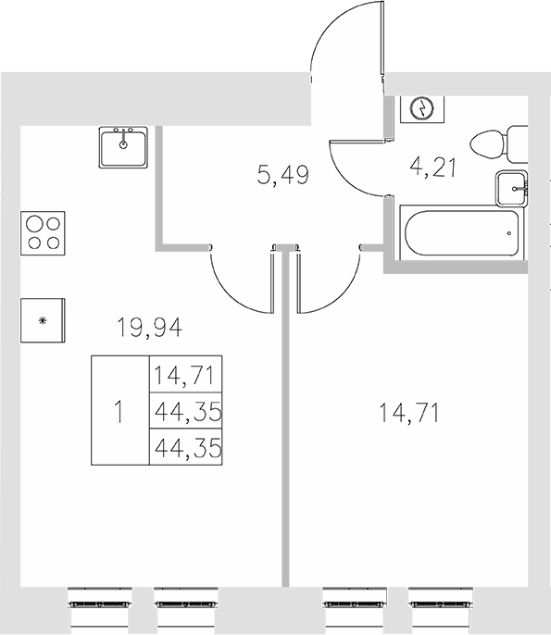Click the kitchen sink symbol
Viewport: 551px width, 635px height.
123,147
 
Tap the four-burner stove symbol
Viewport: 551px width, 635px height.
43,232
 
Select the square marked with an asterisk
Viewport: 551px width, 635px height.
43,320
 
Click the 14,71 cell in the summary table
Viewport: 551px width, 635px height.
185,376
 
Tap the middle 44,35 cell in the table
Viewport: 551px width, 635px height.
185,411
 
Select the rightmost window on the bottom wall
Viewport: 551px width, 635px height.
441,601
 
